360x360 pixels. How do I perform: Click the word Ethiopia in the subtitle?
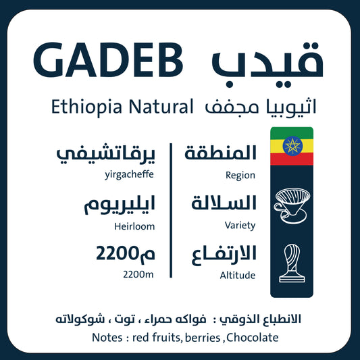(82, 106)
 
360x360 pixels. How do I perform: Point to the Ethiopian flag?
(291, 146)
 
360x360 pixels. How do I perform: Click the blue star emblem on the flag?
(291, 146)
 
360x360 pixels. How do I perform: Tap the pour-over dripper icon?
(291, 204)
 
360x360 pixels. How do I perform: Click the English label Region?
(240, 175)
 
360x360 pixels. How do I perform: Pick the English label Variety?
(240, 225)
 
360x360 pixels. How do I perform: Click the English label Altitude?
(238, 276)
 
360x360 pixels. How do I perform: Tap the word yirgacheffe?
(130, 175)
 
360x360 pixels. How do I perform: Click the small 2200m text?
(139, 275)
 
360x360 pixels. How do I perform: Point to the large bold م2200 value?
(125, 255)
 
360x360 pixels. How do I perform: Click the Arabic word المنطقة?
(220, 153)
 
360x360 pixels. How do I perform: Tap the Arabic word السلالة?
(221, 203)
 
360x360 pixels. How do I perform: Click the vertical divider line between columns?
(172, 209)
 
